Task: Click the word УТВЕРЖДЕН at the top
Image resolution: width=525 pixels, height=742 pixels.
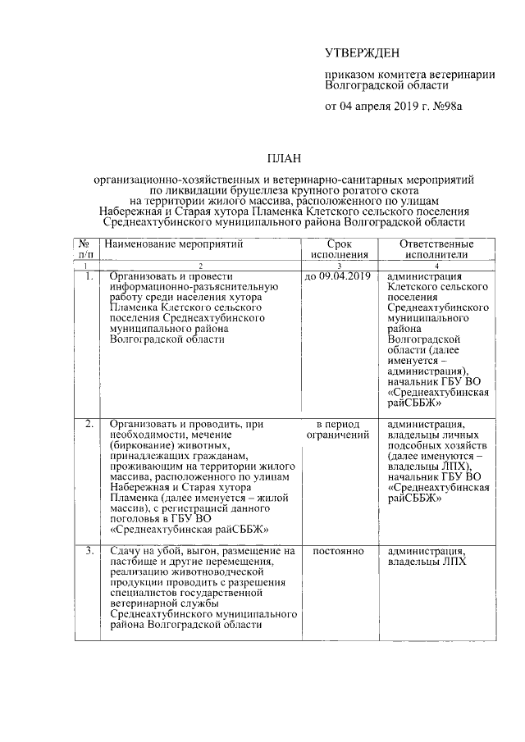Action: click(363, 54)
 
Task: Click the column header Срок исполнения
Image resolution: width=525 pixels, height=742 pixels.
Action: click(339, 250)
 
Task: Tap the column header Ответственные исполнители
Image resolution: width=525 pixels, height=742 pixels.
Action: click(436, 250)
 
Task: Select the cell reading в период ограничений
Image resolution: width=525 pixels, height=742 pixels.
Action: click(339, 429)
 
